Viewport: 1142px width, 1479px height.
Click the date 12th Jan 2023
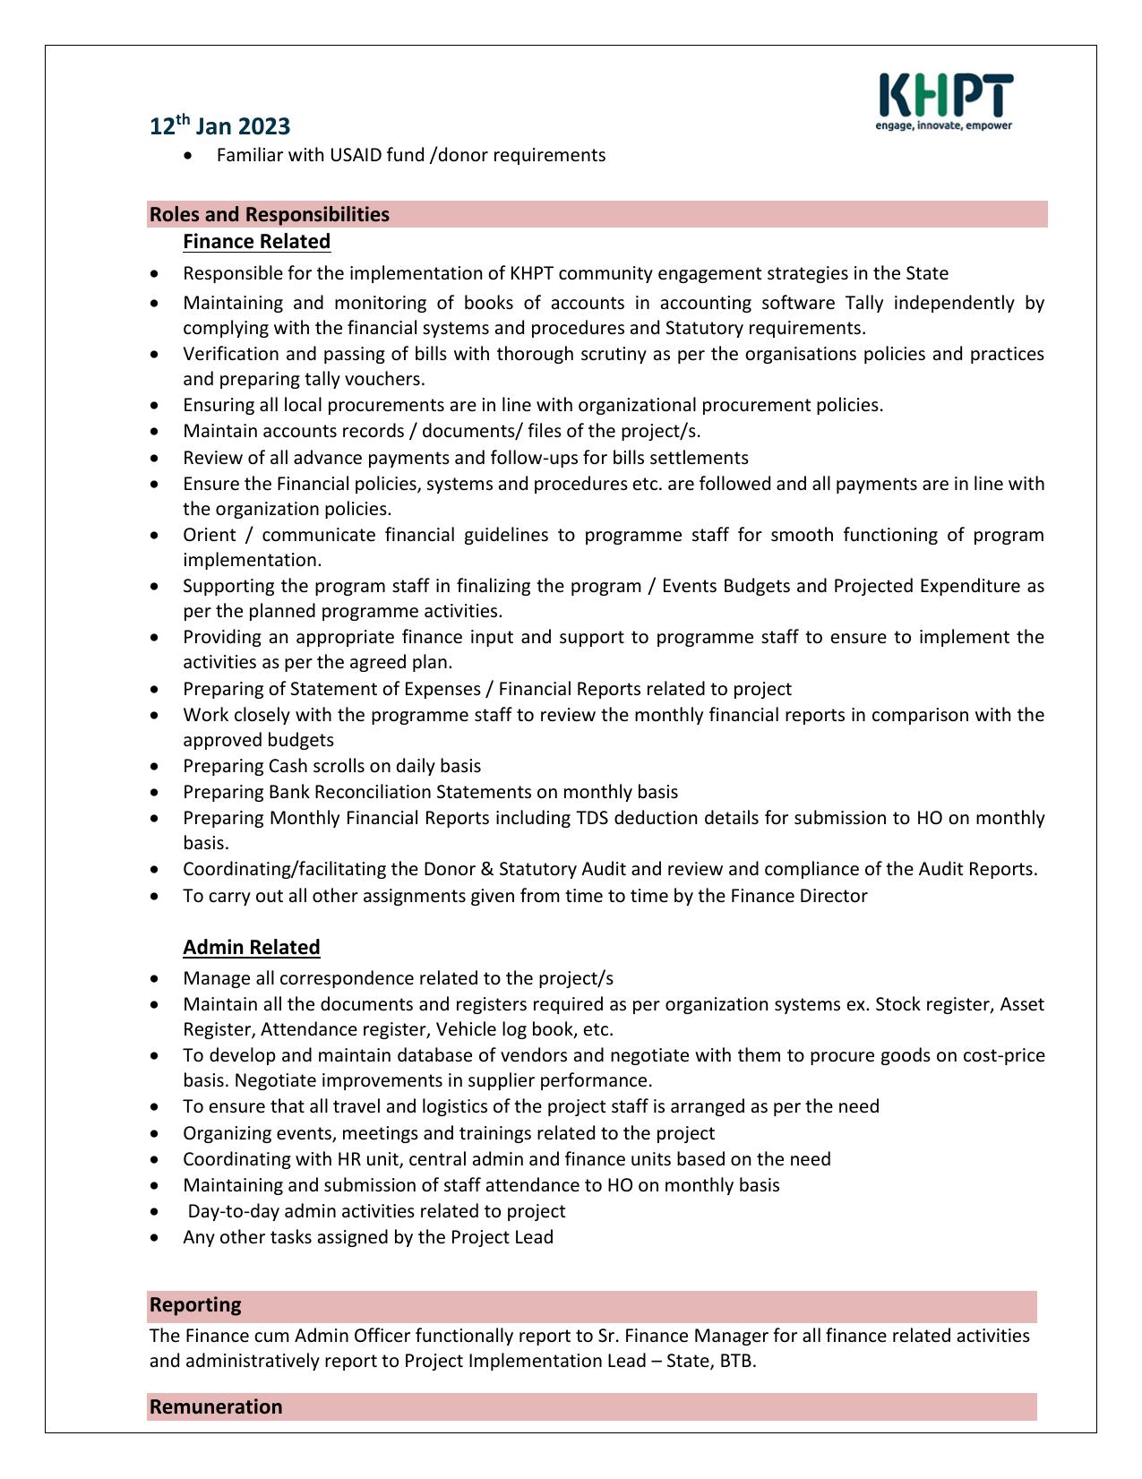tap(219, 126)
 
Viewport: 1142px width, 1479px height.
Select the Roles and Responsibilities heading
tap(269, 214)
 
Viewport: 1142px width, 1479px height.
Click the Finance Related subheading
tap(256, 242)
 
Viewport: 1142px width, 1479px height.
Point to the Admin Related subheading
tap(251, 947)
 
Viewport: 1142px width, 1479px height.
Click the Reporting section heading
tap(195, 1304)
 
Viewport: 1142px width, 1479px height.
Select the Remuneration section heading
tap(215, 1406)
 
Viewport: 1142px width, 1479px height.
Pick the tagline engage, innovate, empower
tap(943, 125)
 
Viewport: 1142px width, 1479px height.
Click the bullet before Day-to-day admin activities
tap(158, 1212)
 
